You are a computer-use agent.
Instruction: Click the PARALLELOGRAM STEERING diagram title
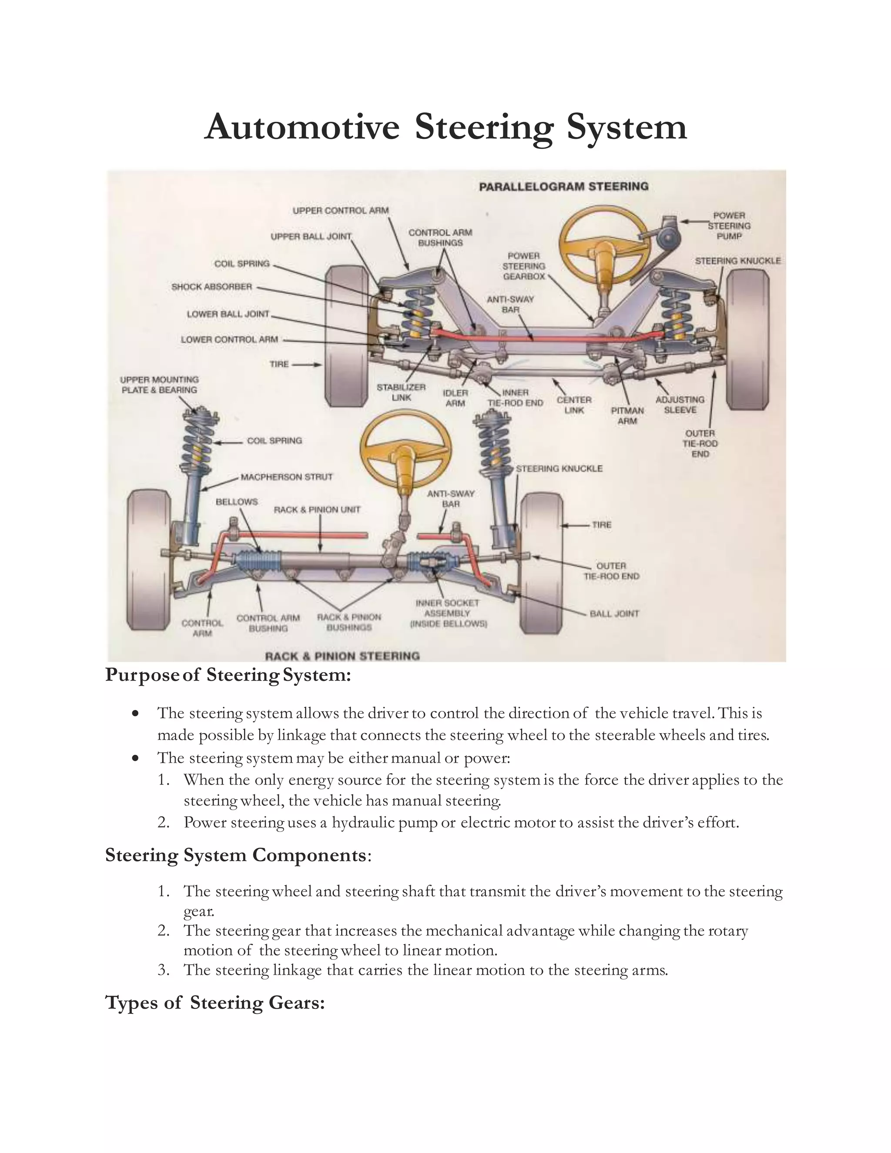[563, 186]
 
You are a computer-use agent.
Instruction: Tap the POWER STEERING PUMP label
[729, 226]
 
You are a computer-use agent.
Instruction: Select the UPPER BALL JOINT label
[311, 237]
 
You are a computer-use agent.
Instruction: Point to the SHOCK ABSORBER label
[212, 287]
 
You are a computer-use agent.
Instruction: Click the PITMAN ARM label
[627, 416]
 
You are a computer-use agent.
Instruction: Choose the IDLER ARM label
[455, 398]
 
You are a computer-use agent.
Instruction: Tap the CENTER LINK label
[574, 405]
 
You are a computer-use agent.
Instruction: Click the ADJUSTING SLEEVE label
[680, 405]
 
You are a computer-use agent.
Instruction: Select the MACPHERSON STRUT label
[287, 477]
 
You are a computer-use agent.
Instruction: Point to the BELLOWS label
[237, 502]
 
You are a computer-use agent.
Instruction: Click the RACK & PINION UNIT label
[317, 509]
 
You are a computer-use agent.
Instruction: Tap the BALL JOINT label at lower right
[614, 613]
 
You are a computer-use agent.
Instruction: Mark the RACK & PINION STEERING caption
[342, 656]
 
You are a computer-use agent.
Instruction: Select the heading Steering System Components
[235, 855]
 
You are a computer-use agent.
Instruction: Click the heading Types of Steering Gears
[215, 1002]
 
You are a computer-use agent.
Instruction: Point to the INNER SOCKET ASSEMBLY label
[448, 613]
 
